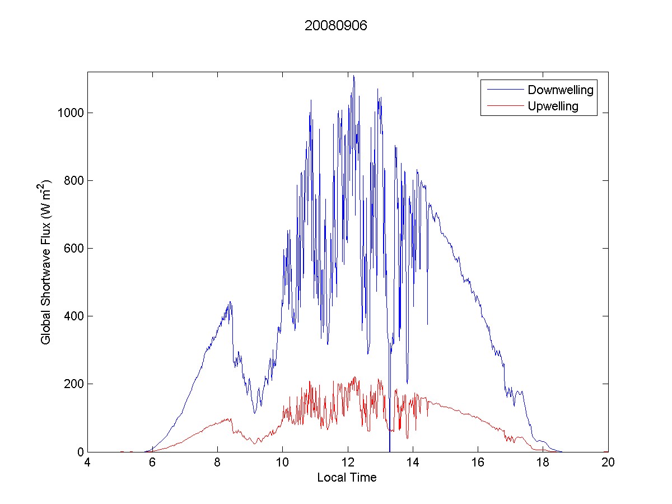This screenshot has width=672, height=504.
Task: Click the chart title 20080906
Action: [x=335, y=26]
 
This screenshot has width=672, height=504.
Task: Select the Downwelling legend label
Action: [x=560, y=90]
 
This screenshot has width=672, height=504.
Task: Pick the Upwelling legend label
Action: [x=553, y=106]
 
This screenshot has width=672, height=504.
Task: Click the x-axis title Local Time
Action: [x=347, y=478]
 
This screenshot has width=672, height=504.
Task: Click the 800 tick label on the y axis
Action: [x=73, y=181]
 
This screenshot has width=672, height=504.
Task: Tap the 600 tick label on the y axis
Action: [x=73, y=249]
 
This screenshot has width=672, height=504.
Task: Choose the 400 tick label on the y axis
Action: [x=73, y=316]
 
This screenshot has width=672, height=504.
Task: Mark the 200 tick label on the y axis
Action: [x=73, y=384]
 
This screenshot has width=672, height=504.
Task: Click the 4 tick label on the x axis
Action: [x=87, y=463]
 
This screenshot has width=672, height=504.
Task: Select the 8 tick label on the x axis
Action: [x=217, y=463]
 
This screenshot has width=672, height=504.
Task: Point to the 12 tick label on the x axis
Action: [x=348, y=463]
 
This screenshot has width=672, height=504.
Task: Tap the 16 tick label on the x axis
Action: [x=478, y=463]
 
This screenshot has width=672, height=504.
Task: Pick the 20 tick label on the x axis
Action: [x=608, y=463]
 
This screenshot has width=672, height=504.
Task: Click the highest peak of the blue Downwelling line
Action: [x=353, y=76]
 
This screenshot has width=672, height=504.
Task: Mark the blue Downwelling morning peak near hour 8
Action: [x=230, y=302]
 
